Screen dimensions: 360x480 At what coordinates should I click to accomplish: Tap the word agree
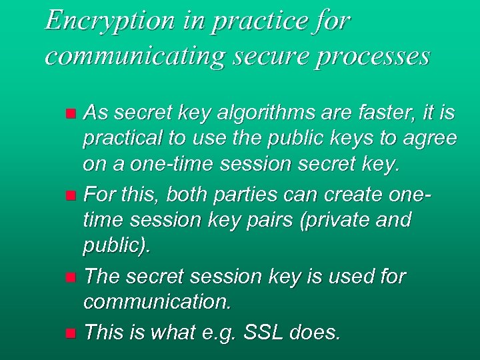431,139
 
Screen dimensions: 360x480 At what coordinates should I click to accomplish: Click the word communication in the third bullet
157,303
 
